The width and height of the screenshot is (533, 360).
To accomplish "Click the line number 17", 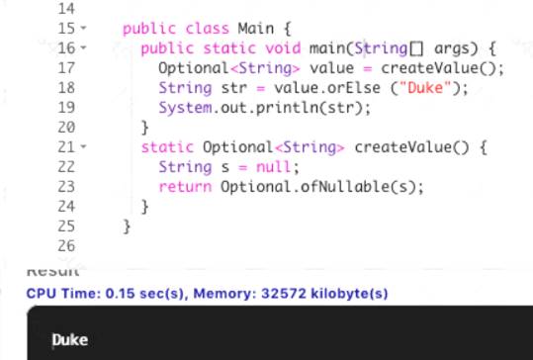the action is click(66, 68).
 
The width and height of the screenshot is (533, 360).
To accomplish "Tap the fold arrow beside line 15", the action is click(83, 28).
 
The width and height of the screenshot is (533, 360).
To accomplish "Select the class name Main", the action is click(255, 29).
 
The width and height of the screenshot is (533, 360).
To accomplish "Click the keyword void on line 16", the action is click(283, 47).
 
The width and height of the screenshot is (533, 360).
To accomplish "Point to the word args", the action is click(456, 48).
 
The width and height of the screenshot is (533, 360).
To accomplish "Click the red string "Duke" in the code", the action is click(425, 88).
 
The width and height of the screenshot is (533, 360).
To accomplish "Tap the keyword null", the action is click(273, 167).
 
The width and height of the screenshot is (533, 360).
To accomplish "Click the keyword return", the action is click(185, 187).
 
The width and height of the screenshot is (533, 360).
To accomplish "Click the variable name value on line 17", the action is click(331, 68).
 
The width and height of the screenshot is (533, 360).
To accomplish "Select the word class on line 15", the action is click(208, 29).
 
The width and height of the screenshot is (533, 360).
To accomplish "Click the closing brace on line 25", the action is click(127, 226).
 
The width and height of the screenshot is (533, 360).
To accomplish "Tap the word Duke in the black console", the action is click(70, 340).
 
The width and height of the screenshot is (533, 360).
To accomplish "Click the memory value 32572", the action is click(284, 294).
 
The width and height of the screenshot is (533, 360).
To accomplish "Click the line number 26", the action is click(66, 246).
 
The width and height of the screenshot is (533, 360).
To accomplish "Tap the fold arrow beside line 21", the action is click(83, 146).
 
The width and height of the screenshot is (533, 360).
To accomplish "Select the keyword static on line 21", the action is click(167, 147).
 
